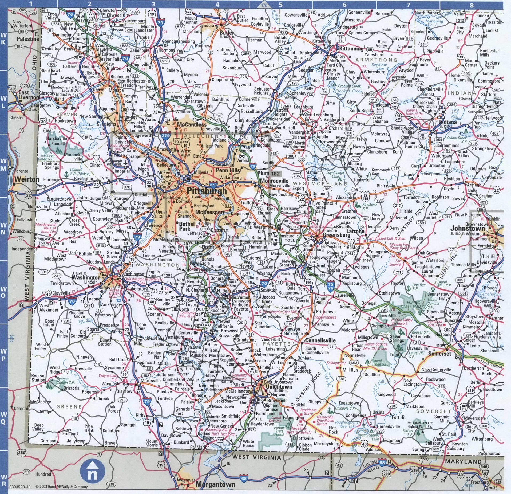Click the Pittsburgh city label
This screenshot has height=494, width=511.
coord(207,191)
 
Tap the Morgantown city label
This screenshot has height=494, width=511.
coord(215,484)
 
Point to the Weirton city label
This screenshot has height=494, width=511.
coord(27,179)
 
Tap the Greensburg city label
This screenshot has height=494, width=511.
coord(336,235)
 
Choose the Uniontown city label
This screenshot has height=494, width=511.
coord(279,387)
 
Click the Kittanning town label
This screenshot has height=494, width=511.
coord(351,49)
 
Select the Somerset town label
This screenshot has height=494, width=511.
coord(439,354)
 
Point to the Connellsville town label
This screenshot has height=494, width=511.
coord(320,340)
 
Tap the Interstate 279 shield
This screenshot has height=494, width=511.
coord(165,135)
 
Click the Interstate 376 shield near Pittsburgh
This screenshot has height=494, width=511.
coord(213,185)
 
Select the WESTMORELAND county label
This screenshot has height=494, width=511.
coord(320,184)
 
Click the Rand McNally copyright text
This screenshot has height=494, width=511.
coord(61,487)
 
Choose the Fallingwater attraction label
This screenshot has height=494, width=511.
coord(336,363)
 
